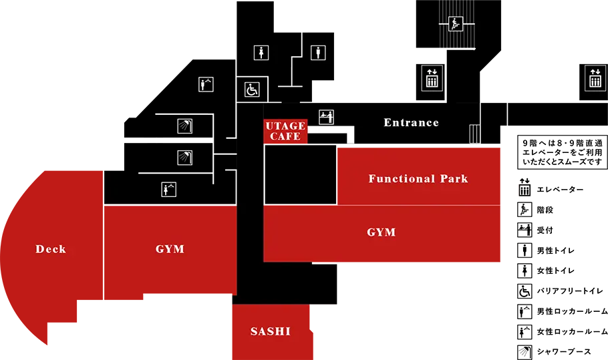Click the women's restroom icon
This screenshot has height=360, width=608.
point(261,53)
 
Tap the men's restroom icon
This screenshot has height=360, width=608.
point(318,53)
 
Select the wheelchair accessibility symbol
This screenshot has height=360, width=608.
point(252,89)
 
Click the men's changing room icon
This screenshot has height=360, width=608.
point(206,84)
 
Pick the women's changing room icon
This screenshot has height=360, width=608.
point(169,190)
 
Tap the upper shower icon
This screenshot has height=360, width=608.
point(184,126)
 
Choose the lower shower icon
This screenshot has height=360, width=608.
point(184,158)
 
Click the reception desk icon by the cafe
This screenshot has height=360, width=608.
point(326,117)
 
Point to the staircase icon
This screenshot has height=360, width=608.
point(456,24)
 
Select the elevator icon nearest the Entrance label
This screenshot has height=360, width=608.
point(432,77)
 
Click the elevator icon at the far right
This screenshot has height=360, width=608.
point(595,77)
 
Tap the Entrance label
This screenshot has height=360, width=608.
point(411,123)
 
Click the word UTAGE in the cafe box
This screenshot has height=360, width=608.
point(285,126)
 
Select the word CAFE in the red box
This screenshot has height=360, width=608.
point(285,137)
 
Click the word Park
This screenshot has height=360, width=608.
point(454,179)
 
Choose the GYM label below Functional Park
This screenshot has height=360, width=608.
point(382,232)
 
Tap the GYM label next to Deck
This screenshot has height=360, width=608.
point(170,249)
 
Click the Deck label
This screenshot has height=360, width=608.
point(51,249)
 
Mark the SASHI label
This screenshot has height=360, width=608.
point(271,331)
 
